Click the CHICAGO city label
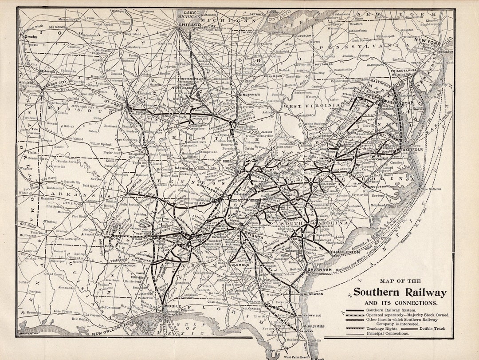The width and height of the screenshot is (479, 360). [191, 25]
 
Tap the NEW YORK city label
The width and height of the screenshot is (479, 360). [427, 40]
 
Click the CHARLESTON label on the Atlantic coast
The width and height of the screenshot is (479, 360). [346, 252]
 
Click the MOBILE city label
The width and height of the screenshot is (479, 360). [173, 307]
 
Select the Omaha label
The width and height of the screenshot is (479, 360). [31, 36]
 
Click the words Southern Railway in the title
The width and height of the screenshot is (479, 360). [399, 293]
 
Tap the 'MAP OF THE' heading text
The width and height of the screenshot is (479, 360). [401, 281]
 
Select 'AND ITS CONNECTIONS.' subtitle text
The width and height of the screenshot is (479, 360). [400, 303]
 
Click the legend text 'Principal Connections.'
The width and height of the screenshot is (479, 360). [387, 333]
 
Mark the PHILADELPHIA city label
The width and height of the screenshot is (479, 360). [404, 70]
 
